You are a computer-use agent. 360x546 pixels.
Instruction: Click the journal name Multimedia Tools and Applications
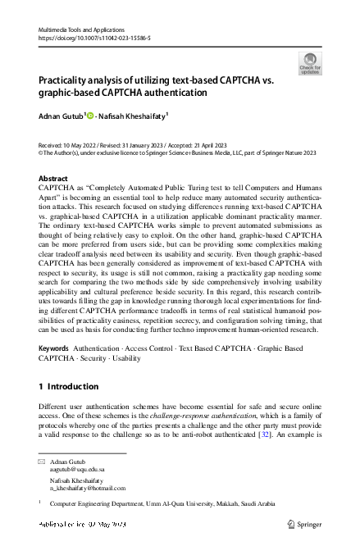pyautogui.click(x=78, y=28)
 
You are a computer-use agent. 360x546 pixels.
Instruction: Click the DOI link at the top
pyautogui.click(x=94, y=38)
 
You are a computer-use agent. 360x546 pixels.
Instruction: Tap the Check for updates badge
pyautogui.click(x=310, y=63)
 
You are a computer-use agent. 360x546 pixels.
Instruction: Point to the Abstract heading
pyautogui.click(x=53, y=178)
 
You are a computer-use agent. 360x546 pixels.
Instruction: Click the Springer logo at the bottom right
pyautogui.click(x=305, y=523)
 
